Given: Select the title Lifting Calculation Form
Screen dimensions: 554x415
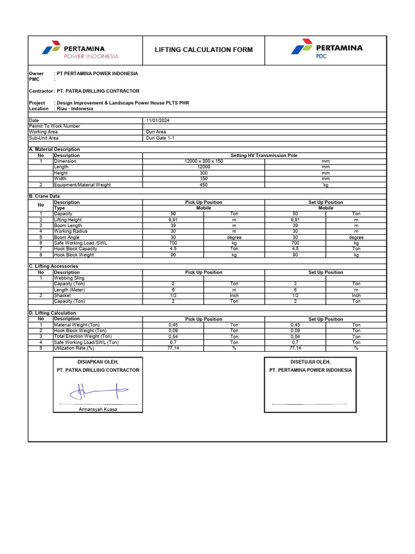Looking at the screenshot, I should [203, 50].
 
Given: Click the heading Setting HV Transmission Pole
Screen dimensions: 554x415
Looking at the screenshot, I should [264, 155].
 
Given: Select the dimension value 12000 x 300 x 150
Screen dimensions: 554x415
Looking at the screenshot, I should [204, 161].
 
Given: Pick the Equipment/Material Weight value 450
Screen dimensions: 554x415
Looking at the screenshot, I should [204, 185].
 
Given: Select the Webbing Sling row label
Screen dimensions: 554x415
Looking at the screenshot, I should [69, 278].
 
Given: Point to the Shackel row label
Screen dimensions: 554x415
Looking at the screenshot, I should [63, 296].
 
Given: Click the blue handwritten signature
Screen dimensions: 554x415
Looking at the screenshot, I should [98, 389].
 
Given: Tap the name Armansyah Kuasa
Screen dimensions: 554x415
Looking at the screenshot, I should [98, 409].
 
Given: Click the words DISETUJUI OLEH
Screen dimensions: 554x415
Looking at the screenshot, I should [310, 362].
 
